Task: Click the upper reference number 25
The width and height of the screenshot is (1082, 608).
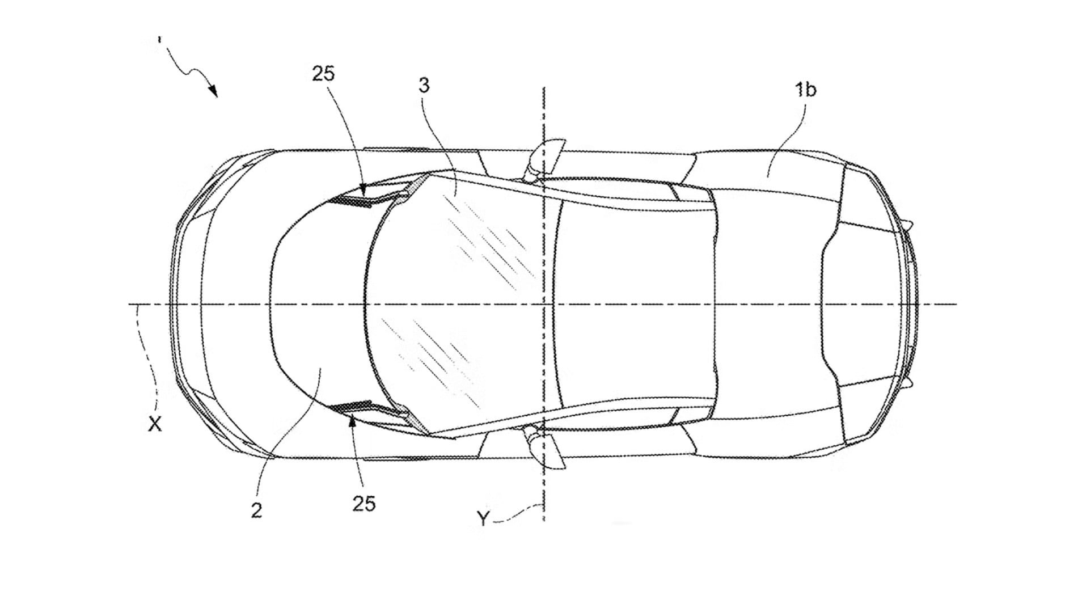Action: point(323,74)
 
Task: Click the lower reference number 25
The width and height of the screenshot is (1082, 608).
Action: point(364,504)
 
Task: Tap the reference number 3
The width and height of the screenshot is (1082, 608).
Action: point(424,85)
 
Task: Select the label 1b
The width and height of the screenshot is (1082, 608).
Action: point(805,89)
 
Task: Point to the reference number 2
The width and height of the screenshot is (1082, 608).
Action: point(256,510)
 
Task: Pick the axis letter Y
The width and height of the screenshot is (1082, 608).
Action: point(483,518)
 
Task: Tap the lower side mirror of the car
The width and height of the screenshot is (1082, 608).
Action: point(544,448)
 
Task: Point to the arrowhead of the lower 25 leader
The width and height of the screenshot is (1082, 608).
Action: point(353,420)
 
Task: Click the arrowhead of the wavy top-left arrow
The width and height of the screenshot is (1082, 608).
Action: point(213,91)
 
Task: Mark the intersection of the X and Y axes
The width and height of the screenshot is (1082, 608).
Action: point(544,305)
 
